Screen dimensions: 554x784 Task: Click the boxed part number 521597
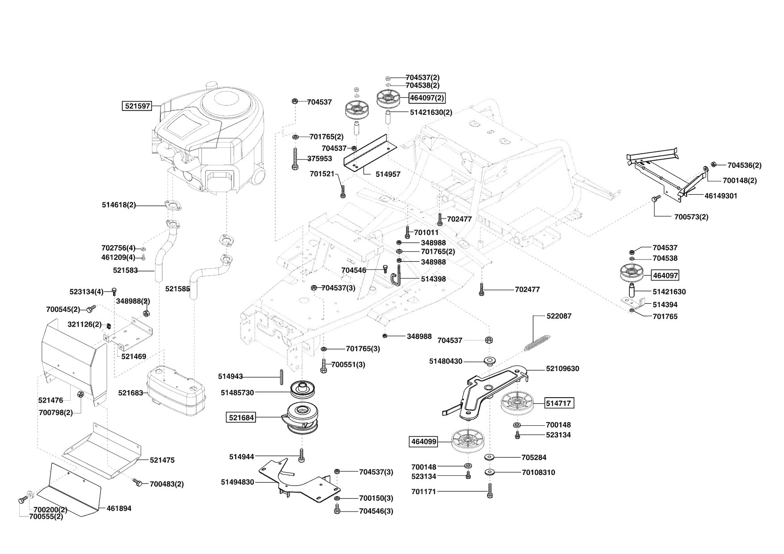point(137,106)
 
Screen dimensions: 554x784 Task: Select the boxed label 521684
point(241,418)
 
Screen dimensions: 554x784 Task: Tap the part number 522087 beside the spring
point(559,316)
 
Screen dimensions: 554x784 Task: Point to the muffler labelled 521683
point(176,393)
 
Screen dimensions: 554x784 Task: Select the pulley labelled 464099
point(468,441)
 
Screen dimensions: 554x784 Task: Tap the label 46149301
point(721,196)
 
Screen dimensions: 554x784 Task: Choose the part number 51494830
point(237,482)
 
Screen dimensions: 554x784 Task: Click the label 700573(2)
point(691,217)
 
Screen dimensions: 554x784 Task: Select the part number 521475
point(162,460)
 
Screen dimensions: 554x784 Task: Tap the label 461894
point(119,508)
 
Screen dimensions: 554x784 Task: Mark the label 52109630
point(562,369)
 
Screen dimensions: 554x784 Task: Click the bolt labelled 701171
point(490,491)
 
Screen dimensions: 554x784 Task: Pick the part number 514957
point(388,174)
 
